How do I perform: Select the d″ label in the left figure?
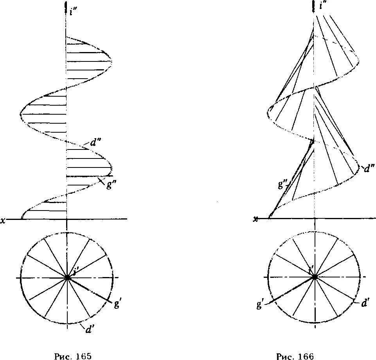[x=95, y=142]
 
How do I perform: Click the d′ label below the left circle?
[x=88, y=329]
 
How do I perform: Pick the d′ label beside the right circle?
[x=365, y=302]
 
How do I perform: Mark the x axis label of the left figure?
[x=3, y=220]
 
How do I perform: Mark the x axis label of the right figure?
[x=256, y=219]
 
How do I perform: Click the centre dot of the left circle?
[x=67, y=277]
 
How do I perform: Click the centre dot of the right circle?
[x=315, y=277]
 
